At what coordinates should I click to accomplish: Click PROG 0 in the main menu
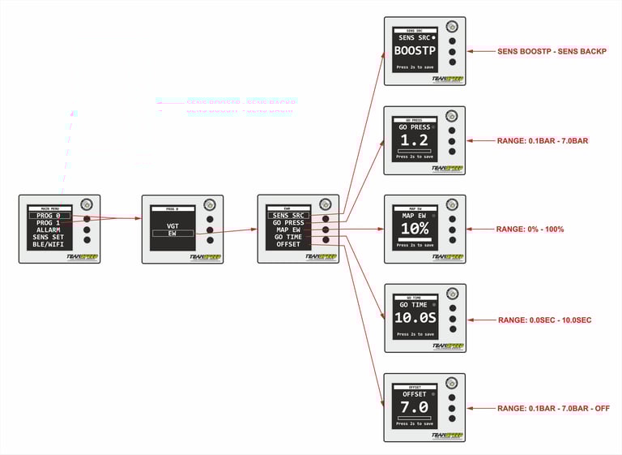click(49, 216)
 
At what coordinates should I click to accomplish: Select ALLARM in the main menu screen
click(49, 230)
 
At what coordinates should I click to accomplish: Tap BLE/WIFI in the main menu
click(49, 245)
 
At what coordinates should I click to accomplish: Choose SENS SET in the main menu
click(49, 238)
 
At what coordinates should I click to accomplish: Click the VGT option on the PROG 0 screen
click(173, 226)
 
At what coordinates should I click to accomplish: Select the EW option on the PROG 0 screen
click(173, 234)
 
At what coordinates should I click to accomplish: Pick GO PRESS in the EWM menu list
click(288, 222)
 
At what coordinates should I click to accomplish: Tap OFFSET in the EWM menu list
click(288, 244)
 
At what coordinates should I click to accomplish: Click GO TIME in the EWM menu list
click(288, 237)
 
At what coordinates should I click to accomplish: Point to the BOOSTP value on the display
click(415, 50)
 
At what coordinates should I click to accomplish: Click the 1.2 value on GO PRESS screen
click(415, 140)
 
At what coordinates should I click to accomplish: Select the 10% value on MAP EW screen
click(415, 230)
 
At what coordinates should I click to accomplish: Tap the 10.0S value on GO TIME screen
click(415, 318)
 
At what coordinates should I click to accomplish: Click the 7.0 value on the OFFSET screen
click(415, 406)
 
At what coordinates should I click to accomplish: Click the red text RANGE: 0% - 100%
click(530, 230)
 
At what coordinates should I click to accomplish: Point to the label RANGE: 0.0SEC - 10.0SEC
click(544, 320)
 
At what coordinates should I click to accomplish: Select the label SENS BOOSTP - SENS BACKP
click(552, 52)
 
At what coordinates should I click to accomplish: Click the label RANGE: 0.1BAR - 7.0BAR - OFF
click(553, 409)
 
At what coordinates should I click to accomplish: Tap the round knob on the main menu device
click(87, 204)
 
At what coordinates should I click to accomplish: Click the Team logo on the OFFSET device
click(447, 434)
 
